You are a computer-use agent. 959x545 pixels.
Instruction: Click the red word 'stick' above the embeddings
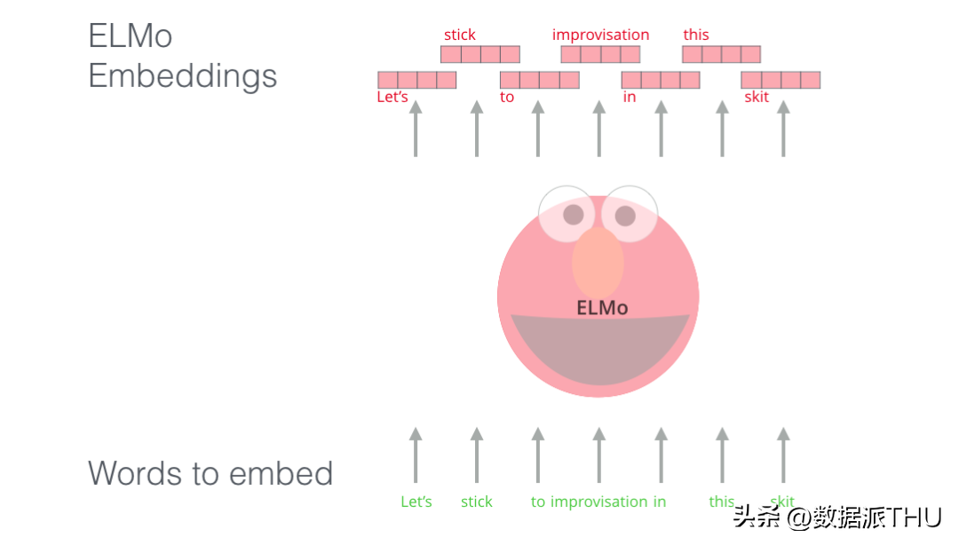(x=459, y=35)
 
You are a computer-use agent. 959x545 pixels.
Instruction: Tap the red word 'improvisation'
(x=600, y=35)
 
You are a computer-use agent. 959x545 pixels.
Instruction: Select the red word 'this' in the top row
(x=696, y=35)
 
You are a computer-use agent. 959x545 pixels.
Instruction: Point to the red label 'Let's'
(x=392, y=97)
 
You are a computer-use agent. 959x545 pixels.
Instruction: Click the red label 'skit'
(x=757, y=97)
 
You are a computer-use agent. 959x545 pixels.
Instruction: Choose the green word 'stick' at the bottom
(x=477, y=502)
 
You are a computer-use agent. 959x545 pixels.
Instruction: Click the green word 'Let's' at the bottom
(x=416, y=502)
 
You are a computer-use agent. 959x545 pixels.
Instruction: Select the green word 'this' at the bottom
(x=722, y=502)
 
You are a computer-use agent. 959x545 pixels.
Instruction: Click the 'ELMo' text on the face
(x=602, y=308)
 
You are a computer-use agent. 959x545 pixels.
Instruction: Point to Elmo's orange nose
(x=598, y=263)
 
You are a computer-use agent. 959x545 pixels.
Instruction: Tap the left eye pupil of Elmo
(x=573, y=215)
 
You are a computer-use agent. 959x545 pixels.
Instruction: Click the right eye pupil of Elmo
(x=625, y=216)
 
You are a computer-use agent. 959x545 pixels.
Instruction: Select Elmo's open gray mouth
(x=600, y=349)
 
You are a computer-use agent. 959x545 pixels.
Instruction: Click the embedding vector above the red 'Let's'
(x=417, y=80)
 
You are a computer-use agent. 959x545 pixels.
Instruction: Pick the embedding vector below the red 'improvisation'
(x=600, y=54)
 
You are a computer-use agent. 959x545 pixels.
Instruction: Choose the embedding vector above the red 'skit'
(x=781, y=80)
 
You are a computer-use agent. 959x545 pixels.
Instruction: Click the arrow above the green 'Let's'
(x=416, y=455)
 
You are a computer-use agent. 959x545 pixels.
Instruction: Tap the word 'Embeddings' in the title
(x=182, y=76)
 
